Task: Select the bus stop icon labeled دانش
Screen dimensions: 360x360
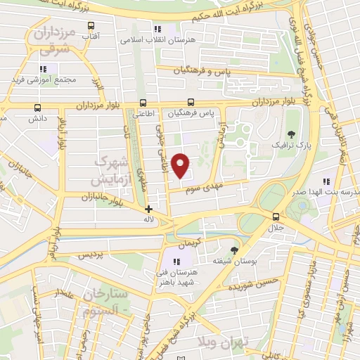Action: pos(37,108)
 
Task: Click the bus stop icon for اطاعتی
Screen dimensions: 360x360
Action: pos(143,103)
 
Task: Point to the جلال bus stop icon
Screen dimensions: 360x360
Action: pos(274,217)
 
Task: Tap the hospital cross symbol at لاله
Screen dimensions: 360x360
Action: pos(148,209)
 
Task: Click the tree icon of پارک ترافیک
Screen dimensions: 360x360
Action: pos(291,133)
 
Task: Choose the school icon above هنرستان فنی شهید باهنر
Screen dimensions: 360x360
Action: pos(176,262)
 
